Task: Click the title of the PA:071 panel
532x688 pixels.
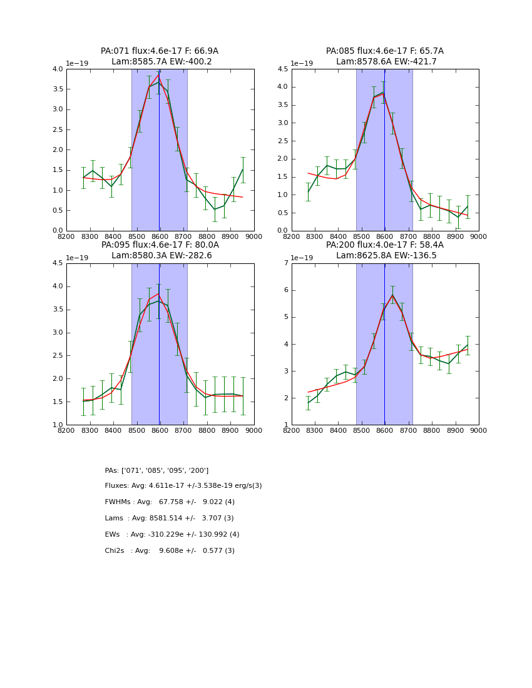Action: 160,51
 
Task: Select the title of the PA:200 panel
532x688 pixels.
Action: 384,245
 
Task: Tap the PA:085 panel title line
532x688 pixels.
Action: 384,51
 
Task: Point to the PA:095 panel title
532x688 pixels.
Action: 160,245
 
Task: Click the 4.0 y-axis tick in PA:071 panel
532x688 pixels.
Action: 58,69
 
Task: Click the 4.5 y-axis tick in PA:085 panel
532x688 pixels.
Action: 282,69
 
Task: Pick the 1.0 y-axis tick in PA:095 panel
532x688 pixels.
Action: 58,425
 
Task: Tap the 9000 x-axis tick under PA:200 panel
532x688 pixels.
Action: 478,430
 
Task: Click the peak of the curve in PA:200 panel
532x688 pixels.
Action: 392,295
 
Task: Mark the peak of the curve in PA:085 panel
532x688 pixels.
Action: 383,93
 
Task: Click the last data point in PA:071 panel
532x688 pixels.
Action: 243,169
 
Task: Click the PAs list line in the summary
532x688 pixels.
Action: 156,470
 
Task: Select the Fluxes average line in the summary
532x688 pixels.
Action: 183,486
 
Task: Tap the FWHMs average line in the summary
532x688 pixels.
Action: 170,502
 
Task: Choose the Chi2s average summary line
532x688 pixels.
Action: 170,551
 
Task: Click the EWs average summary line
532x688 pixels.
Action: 172,535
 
